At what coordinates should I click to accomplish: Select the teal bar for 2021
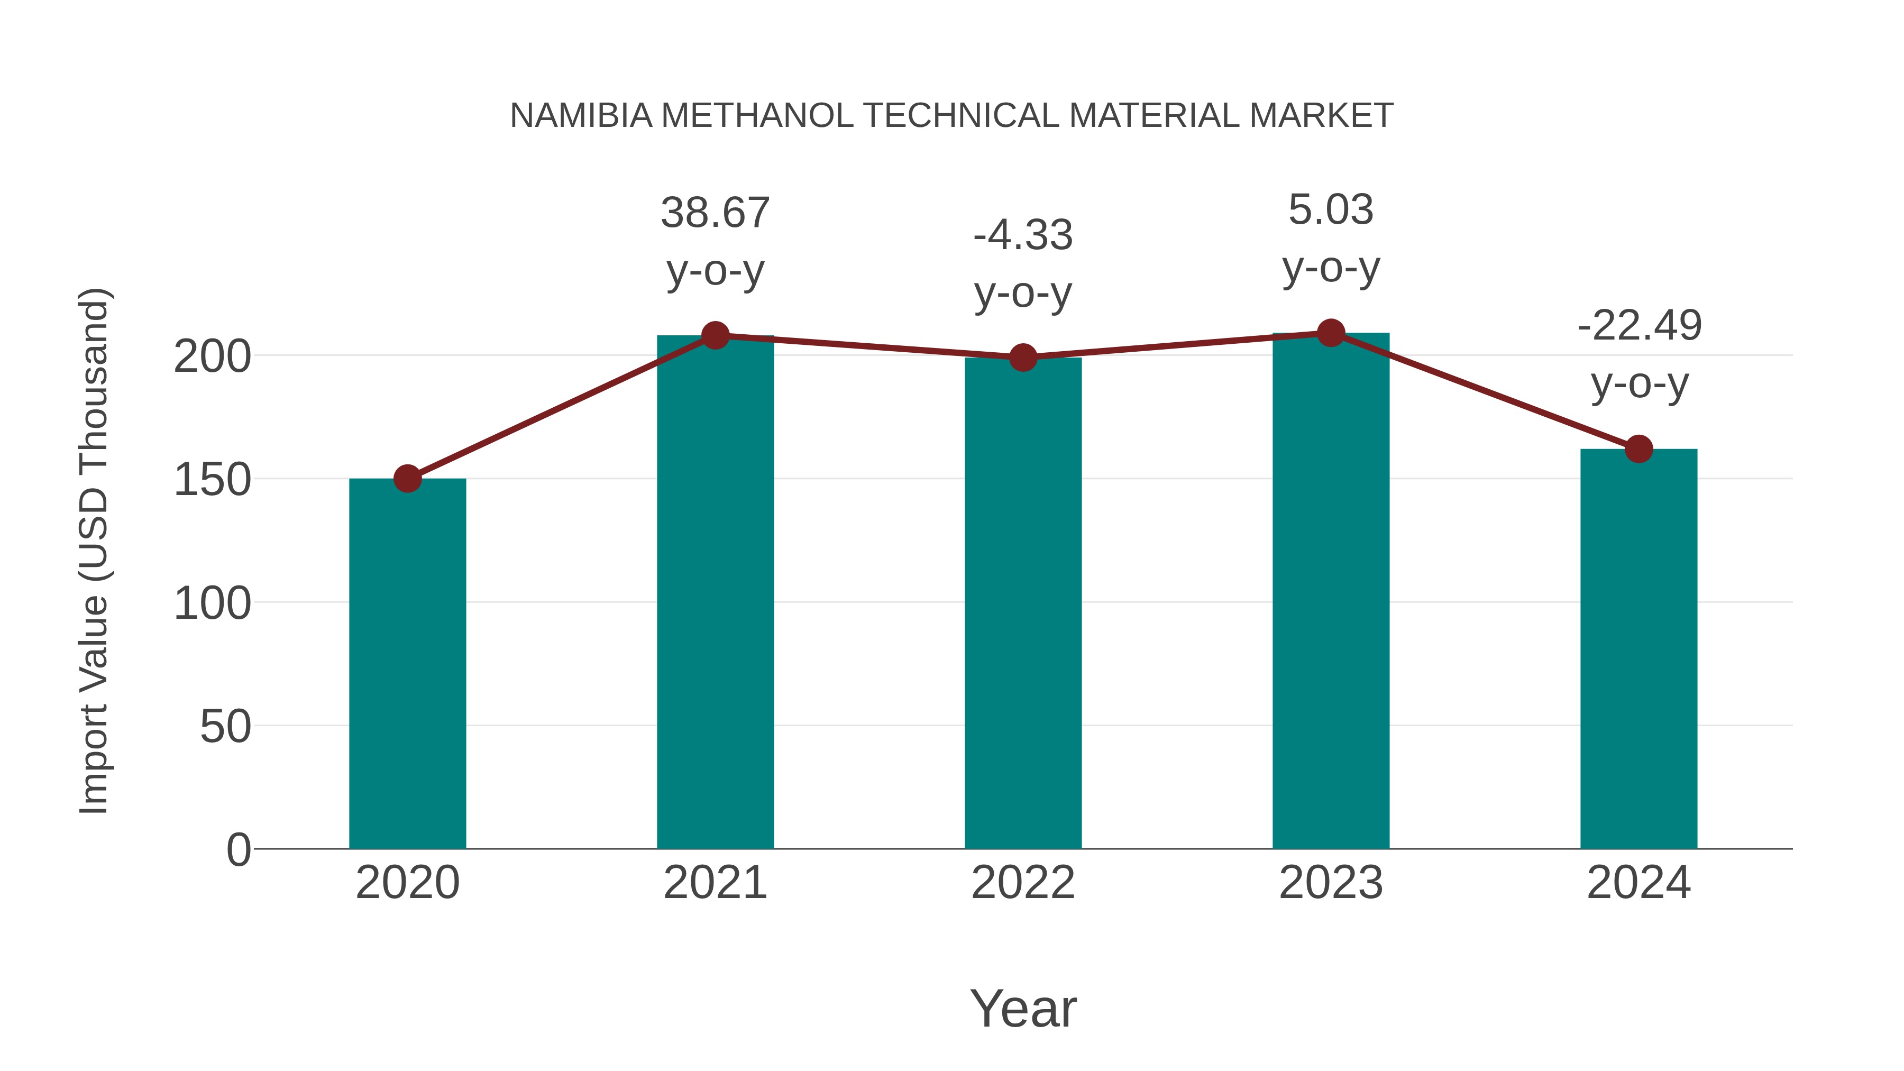(715, 591)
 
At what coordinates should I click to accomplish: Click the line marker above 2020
(407, 479)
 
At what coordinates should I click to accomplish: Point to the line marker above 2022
(1023, 358)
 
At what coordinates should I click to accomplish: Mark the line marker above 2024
(1638, 448)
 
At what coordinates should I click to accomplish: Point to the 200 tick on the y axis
(212, 357)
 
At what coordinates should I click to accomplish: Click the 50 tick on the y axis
(225, 727)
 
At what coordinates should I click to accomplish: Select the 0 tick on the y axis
(239, 850)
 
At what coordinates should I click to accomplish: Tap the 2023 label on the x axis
(1331, 883)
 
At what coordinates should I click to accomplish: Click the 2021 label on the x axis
(715, 883)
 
